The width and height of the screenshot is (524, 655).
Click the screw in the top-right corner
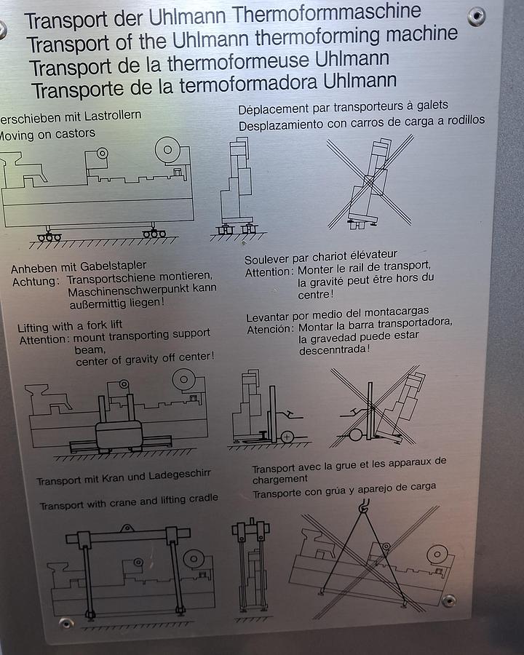(477, 16)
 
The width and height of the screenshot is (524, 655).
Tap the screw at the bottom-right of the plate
(449, 600)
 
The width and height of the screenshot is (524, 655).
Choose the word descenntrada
(334, 349)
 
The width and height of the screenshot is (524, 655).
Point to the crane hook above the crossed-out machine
(365, 502)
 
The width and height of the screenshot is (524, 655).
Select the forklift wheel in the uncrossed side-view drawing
(287, 437)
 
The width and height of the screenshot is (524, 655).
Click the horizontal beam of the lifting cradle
(128, 537)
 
